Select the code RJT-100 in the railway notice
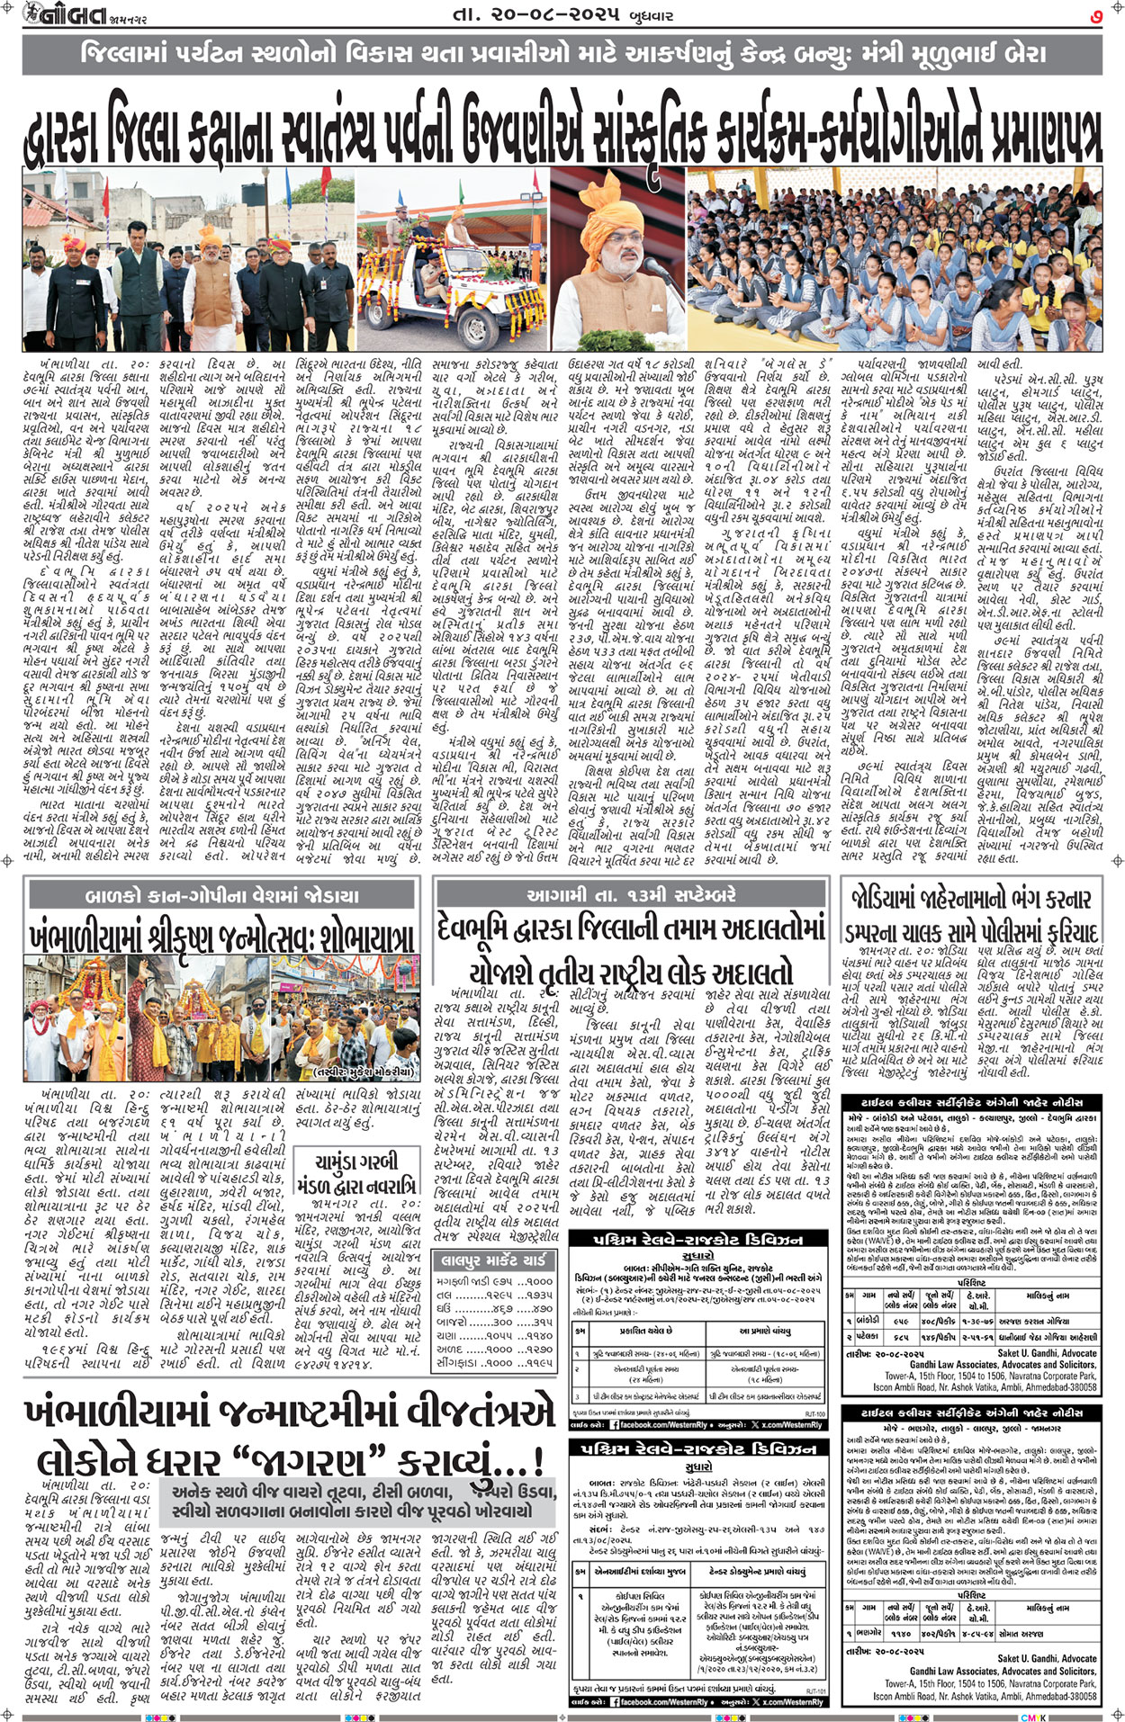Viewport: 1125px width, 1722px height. point(815,1413)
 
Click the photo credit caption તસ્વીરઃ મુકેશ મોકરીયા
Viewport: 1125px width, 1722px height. point(364,1072)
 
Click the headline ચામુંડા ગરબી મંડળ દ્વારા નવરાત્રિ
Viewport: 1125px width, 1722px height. point(364,1172)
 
